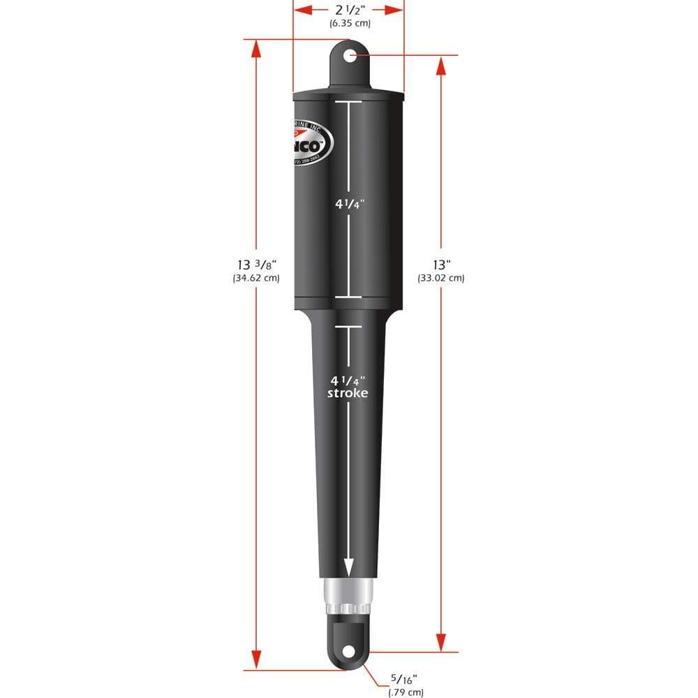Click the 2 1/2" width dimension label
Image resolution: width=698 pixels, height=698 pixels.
[349, 10]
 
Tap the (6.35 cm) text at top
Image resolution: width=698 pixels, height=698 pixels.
[349, 24]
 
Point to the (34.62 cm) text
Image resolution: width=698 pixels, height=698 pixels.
[256, 278]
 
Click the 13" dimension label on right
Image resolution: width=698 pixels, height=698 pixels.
[441, 265]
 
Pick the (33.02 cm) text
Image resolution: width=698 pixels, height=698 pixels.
[441, 278]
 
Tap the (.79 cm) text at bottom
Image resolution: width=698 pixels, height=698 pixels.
[406, 692]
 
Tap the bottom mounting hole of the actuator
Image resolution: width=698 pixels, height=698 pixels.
[347, 651]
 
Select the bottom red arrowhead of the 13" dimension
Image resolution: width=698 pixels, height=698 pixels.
[441, 642]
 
